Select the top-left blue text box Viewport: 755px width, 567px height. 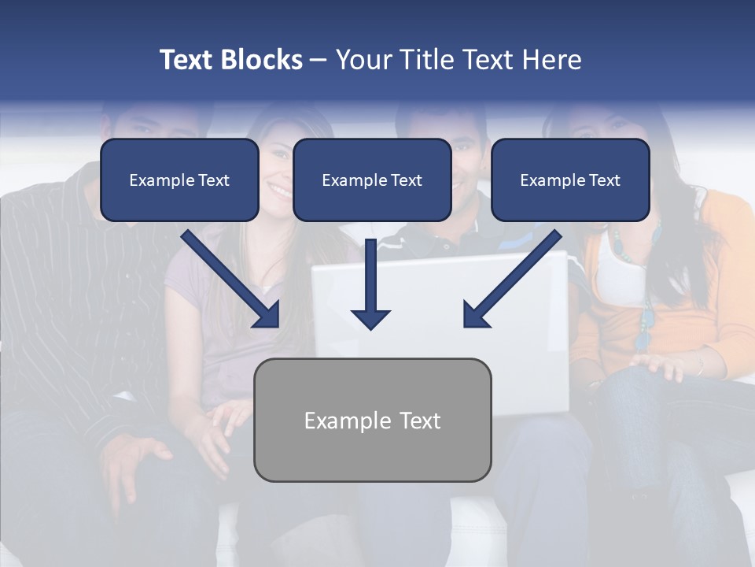pos(179,180)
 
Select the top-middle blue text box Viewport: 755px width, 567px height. pos(372,180)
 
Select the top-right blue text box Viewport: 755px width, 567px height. pos(570,180)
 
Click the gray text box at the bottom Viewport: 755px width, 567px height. pos(373,421)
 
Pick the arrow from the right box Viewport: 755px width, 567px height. pos(512,279)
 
